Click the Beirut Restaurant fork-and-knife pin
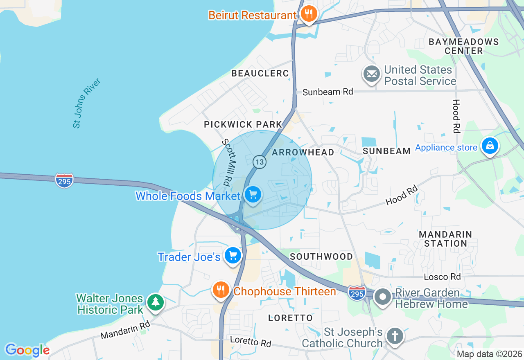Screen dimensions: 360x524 click(x=308, y=14)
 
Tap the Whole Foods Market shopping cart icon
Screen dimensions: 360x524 click(x=253, y=195)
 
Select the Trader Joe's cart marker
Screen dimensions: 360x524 click(x=233, y=256)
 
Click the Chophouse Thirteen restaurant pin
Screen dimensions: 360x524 click(x=221, y=290)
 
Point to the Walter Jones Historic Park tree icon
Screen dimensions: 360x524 click(x=155, y=302)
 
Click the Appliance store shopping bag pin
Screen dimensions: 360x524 click(x=490, y=146)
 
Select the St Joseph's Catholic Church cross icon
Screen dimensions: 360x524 click(x=395, y=336)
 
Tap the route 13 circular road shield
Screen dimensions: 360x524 click(x=259, y=162)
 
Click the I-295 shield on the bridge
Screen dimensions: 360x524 click(x=65, y=180)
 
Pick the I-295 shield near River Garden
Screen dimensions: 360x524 click(x=357, y=293)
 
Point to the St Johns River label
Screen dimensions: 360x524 click(x=86, y=103)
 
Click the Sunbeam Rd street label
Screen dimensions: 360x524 click(x=327, y=92)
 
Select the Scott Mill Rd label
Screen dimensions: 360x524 click(x=230, y=161)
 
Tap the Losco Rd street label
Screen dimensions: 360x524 click(x=442, y=277)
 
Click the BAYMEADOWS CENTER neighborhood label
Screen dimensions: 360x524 click(x=463, y=46)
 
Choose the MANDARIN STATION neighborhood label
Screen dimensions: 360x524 click(x=445, y=239)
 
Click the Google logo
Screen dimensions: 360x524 click(x=27, y=350)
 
